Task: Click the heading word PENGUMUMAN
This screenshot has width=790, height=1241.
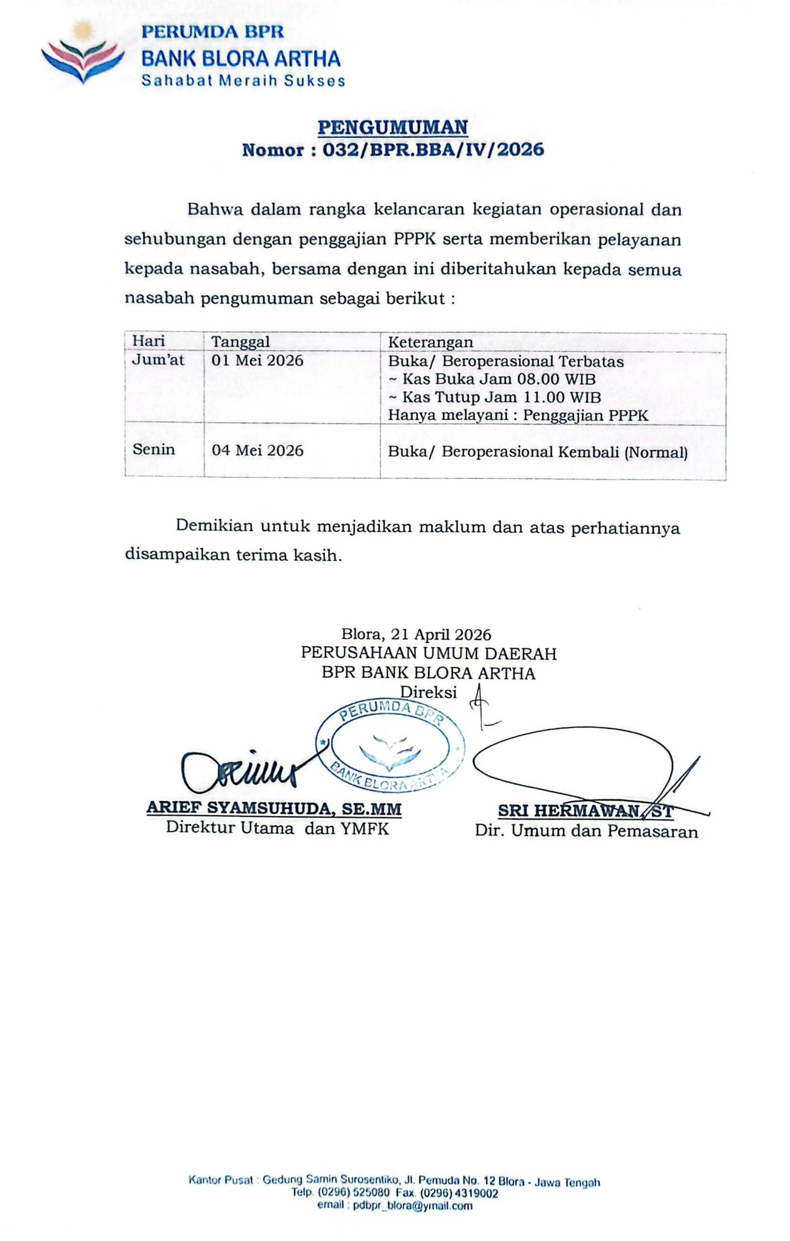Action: coord(393,127)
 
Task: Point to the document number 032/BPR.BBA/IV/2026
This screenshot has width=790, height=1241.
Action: coord(433,150)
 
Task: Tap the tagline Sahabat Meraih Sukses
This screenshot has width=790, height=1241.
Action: coord(243,81)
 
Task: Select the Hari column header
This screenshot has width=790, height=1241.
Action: coord(148,341)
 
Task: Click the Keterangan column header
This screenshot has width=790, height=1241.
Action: coord(430,343)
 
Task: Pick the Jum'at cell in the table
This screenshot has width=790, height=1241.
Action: coord(158,360)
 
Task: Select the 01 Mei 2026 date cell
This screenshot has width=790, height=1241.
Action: coord(257,360)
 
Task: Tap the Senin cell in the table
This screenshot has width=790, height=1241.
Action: coord(154,449)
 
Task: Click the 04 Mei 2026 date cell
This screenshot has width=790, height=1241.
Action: coord(257,450)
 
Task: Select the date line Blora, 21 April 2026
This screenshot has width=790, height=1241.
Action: coord(416,635)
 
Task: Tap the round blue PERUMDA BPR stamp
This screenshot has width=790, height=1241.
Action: coord(390,746)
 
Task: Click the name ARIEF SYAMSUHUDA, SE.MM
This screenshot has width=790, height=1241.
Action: coord(274,808)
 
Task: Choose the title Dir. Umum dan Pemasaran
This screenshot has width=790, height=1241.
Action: coord(586,831)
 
